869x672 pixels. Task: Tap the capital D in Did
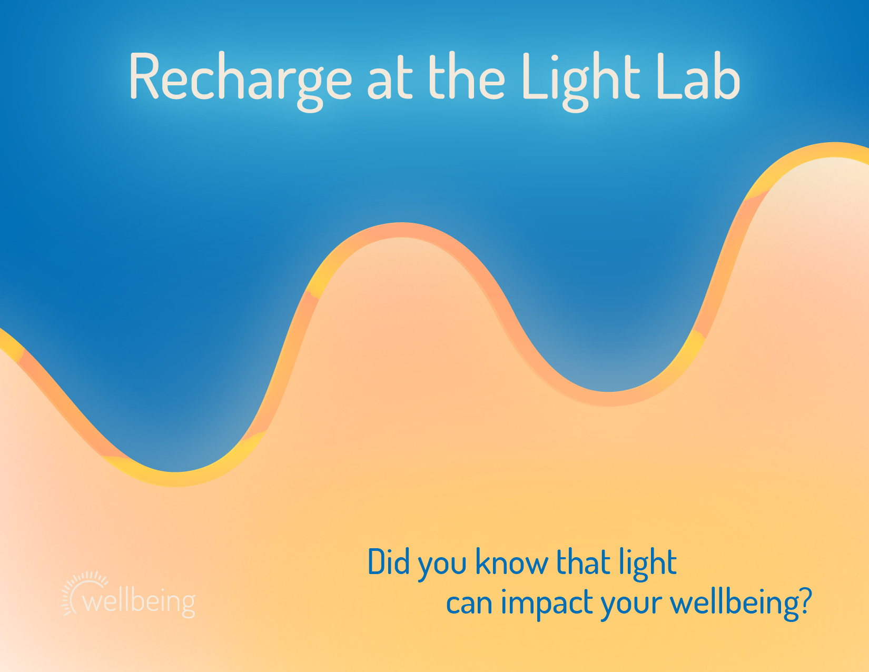click(x=376, y=561)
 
